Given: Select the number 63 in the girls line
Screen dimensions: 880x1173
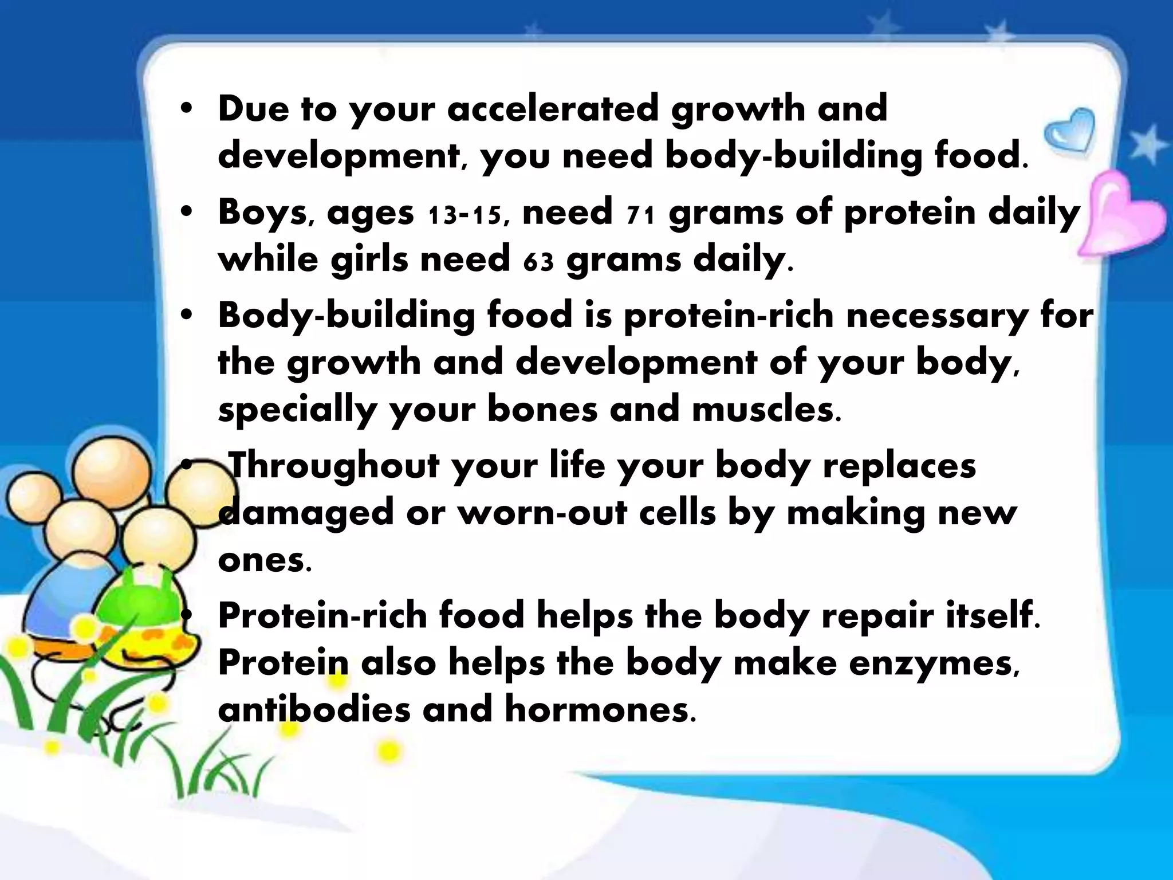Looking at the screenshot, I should pyautogui.click(x=538, y=262).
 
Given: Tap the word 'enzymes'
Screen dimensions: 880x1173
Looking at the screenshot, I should pyautogui.click(x=934, y=663).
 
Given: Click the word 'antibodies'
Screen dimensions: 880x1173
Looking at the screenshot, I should pyautogui.click(x=314, y=709).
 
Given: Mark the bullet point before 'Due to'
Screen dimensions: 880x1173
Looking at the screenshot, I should pyautogui.click(x=184, y=109).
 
